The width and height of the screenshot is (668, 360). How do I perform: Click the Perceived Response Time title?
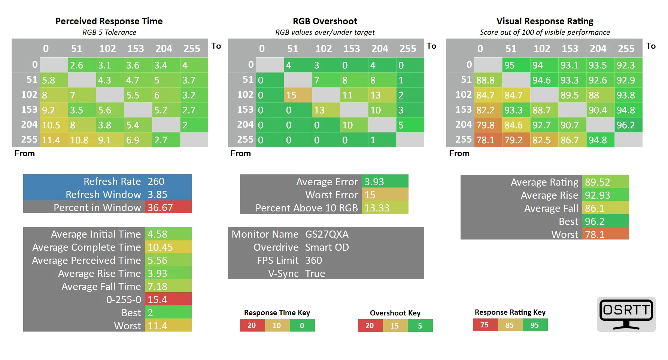[x=109, y=21]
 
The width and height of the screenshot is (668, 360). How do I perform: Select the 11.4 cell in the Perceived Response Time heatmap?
[x=54, y=140]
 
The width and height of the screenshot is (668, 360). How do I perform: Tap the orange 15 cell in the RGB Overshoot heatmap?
[x=298, y=95]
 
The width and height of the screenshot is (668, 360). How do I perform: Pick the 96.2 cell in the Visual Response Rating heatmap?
[x=628, y=125]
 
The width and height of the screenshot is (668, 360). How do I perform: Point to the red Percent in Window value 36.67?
[x=168, y=207]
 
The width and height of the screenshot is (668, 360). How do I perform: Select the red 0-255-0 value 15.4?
[x=168, y=299]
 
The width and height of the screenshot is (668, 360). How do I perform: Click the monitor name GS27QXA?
[x=327, y=234]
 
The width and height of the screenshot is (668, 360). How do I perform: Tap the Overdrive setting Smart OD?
[x=327, y=247]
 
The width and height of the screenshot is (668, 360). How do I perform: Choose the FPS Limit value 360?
[x=313, y=260]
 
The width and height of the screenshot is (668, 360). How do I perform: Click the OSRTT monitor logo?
[x=626, y=314]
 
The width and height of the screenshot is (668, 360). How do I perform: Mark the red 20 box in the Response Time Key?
[x=252, y=325]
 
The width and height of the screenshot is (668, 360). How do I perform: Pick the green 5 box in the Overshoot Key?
[x=420, y=326]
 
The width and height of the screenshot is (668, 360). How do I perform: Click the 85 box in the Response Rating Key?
[x=510, y=325]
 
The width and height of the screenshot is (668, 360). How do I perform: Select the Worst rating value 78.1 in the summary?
[x=605, y=234]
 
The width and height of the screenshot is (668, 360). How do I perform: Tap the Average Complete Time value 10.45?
[x=168, y=247]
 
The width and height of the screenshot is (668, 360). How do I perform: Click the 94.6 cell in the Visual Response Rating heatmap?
[x=544, y=80]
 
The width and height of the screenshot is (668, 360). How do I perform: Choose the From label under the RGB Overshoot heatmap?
[x=240, y=153]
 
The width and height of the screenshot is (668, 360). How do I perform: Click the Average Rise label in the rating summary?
[x=549, y=195]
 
